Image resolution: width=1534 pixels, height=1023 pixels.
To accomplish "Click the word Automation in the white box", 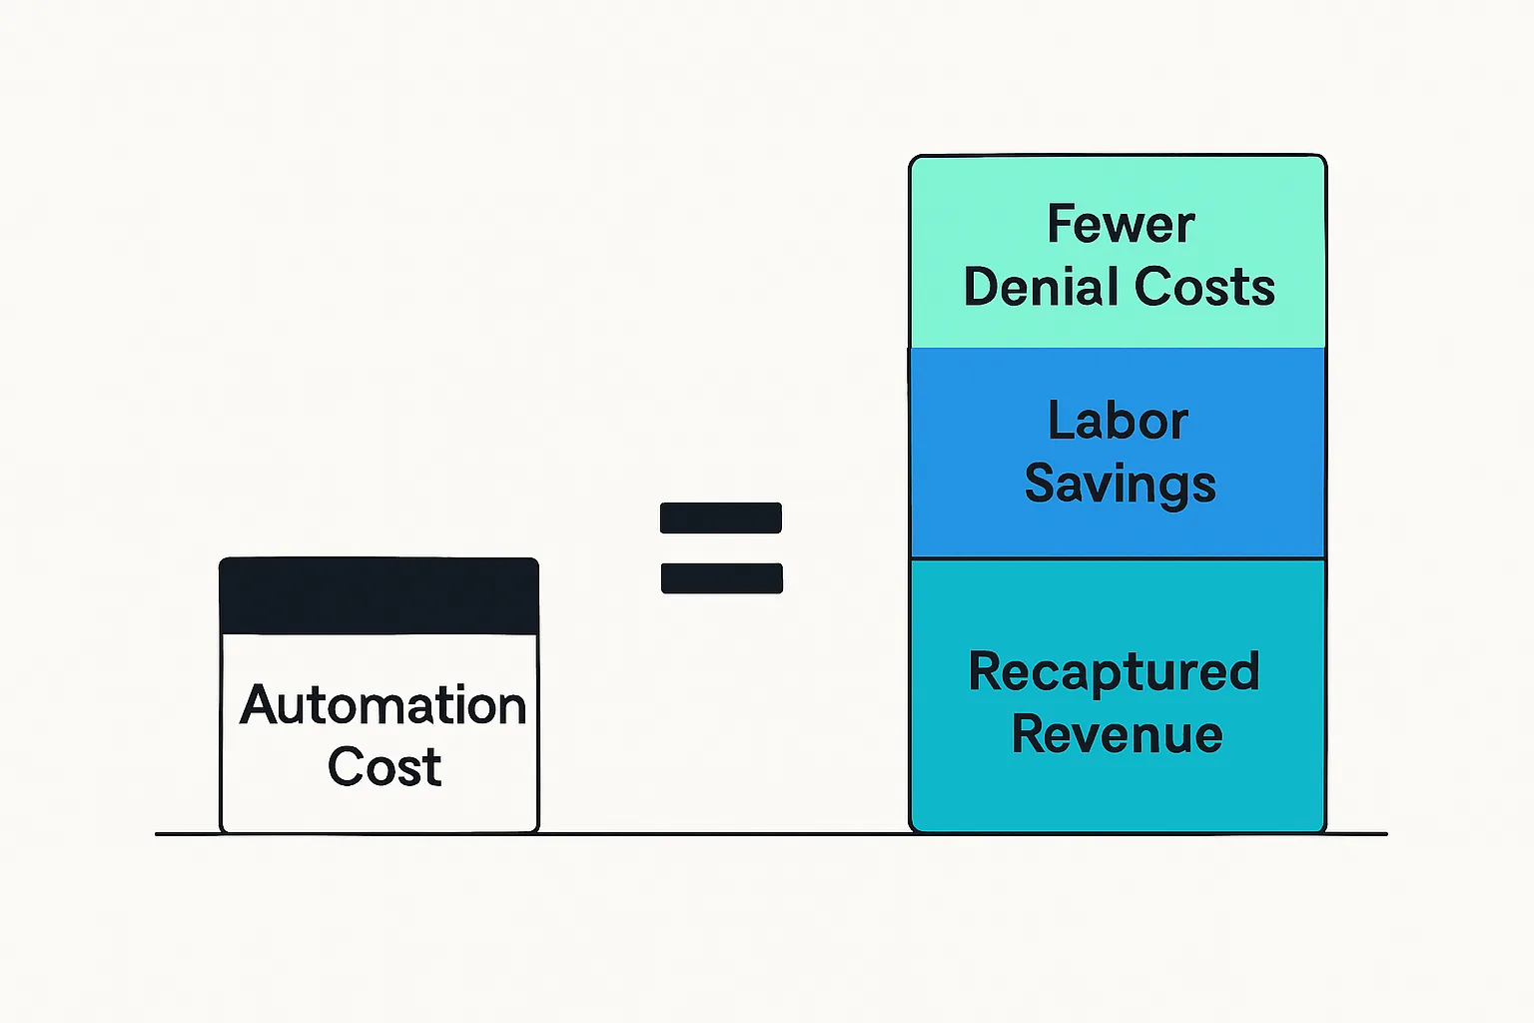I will coord(383,705).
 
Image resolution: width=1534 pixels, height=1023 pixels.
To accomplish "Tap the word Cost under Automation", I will coord(384,767).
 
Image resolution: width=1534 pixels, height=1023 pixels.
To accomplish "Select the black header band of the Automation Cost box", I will coord(379,596).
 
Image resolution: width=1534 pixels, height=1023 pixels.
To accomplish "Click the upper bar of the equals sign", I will coord(721,517).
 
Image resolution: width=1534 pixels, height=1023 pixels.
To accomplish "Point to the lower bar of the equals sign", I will coord(721,578).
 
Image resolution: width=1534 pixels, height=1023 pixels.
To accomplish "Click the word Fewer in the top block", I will coord(1120,224).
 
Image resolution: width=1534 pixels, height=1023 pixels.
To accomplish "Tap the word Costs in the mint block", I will coord(1204,288).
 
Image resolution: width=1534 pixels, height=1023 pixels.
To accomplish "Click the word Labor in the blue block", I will coord(1118,421).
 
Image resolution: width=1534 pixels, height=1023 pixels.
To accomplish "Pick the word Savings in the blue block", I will coord(1120,485).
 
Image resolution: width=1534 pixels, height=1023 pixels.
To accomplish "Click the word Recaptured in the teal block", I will coord(1114,672).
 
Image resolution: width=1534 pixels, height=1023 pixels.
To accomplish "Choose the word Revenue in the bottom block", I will coord(1117,734).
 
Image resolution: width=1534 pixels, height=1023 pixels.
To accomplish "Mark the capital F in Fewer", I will coord(1060,224).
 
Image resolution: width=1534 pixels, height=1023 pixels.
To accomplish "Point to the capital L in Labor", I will coord(1060,421).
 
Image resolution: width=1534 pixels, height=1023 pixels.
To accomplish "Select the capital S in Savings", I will coord(1041,484).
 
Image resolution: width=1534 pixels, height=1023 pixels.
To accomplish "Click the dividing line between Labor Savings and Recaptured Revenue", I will coord(1118,558).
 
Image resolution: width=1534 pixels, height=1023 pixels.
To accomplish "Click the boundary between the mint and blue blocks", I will coord(1118,348).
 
